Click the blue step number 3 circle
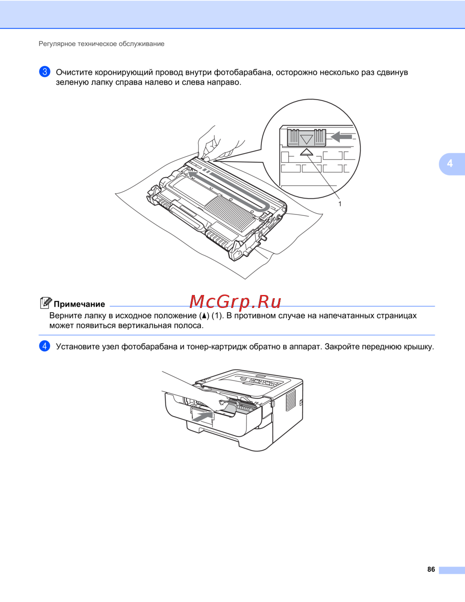tap(45, 72)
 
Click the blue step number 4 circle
tap(45, 346)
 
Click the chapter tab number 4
tap(450, 163)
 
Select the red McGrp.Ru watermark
tap(235, 302)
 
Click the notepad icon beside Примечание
tap(46, 303)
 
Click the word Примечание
tap(80, 304)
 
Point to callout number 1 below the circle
tap(340, 204)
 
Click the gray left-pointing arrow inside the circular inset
tap(341, 137)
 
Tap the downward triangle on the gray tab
tap(306, 139)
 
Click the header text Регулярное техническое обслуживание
tap(101, 44)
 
